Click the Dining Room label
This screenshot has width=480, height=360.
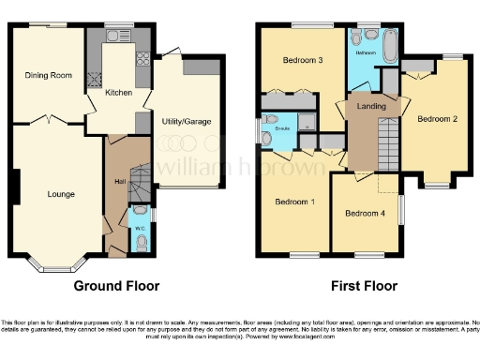[48, 75]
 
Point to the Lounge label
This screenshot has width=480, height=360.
[61, 194]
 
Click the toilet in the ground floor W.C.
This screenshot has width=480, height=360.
[140, 242]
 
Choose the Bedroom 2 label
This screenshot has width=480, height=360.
[436, 119]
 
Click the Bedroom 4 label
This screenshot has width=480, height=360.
[364, 213]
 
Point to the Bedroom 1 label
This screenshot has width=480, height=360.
[293, 202]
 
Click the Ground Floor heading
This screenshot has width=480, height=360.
[116, 286]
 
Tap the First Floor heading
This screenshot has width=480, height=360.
[363, 286]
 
